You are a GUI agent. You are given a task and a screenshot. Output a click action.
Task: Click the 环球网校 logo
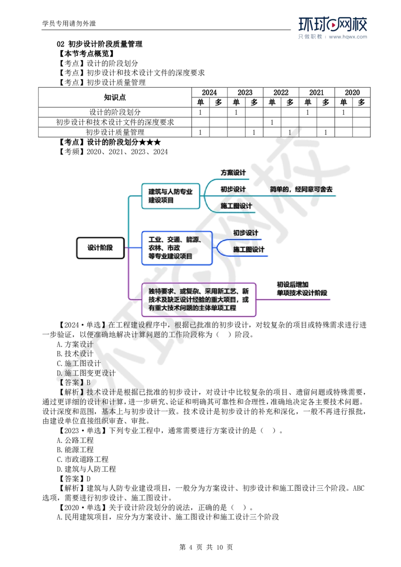[x=333, y=24]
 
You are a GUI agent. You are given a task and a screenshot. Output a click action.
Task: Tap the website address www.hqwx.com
[x=348, y=37]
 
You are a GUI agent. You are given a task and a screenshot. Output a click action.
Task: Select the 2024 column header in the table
[x=209, y=93]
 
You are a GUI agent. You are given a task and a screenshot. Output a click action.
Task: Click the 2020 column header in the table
[x=352, y=93]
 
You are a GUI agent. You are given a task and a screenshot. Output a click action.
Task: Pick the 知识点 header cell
[x=115, y=97]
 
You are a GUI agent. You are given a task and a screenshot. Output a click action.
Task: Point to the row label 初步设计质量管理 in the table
[x=115, y=132]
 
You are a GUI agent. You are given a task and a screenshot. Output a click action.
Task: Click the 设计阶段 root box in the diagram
[x=100, y=248]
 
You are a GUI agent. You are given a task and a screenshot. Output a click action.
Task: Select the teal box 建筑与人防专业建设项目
[x=170, y=196]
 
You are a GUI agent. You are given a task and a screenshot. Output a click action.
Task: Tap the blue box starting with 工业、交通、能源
[x=176, y=248]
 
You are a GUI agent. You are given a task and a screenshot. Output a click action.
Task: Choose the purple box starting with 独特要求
[x=198, y=300]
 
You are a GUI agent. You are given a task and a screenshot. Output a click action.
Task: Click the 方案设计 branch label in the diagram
[x=233, y=172]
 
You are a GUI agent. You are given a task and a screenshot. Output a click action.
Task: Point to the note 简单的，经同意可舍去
[x=301, y=189]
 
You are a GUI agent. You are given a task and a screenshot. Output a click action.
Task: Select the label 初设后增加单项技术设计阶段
[x=302, y=289]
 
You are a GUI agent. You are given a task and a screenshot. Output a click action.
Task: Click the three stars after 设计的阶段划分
[x=149, y=142]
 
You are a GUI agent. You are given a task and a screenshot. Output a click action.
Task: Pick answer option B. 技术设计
[x=75, y=354]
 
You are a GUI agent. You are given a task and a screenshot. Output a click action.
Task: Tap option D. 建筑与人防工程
[x=86, y=469]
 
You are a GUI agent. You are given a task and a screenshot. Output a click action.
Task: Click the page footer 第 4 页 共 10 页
[x=206, y=547]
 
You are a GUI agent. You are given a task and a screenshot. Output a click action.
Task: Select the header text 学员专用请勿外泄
[x=69, y=24]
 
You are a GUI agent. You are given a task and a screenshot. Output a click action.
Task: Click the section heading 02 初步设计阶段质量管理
[x=100, y=44]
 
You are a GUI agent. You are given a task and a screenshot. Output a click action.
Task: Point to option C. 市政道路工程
[x=83, y=459]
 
